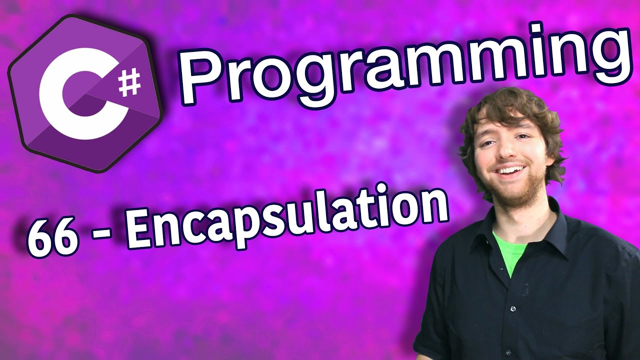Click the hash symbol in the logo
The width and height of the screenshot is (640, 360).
pos(129,83)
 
